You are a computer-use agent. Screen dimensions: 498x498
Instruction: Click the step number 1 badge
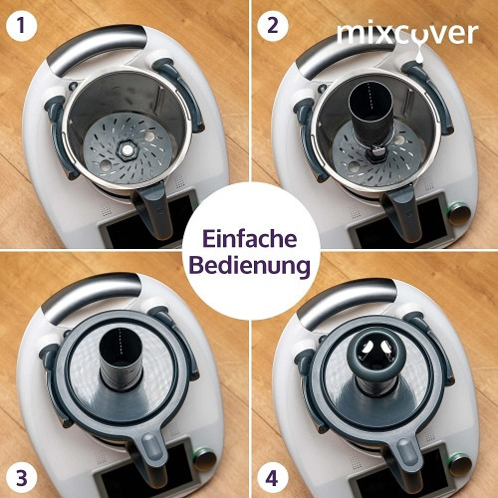click(x=21, y=25)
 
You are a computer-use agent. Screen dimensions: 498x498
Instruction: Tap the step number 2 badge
click(x=272, y=25)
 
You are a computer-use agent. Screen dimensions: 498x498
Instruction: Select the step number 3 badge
click(x=21, y=478)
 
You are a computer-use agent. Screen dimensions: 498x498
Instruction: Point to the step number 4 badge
click(x=272, y=478)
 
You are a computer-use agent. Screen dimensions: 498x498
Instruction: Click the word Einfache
click(x=249, y=238)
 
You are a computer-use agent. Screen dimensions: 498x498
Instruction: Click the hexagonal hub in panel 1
click(x=125, y=150)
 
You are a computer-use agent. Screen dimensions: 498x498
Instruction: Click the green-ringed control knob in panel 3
click(x=205, y=460)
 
